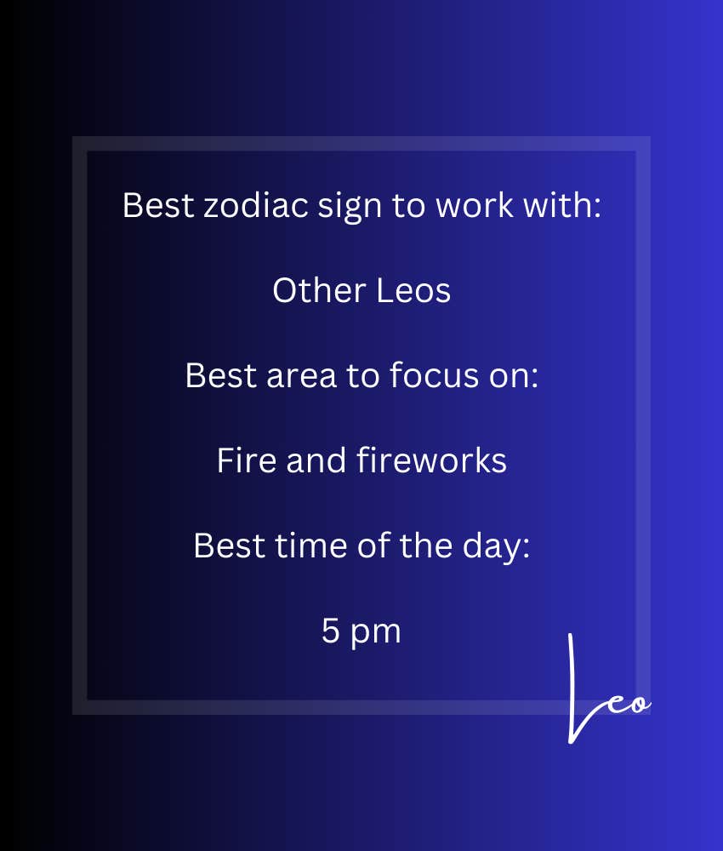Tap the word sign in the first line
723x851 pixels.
(350, 208)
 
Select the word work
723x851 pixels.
(475, 206)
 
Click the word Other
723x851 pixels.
(319, 290)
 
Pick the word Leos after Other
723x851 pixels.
(413, 290)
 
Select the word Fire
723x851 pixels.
(247, 460)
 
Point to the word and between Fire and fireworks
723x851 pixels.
(316, 460)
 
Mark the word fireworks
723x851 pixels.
(432, 460)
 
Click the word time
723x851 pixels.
(310, 545)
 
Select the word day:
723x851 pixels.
(496, 547)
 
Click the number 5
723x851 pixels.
(330, 631)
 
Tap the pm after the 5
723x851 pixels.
(375, 633)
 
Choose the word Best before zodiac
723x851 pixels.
(158, 206)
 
